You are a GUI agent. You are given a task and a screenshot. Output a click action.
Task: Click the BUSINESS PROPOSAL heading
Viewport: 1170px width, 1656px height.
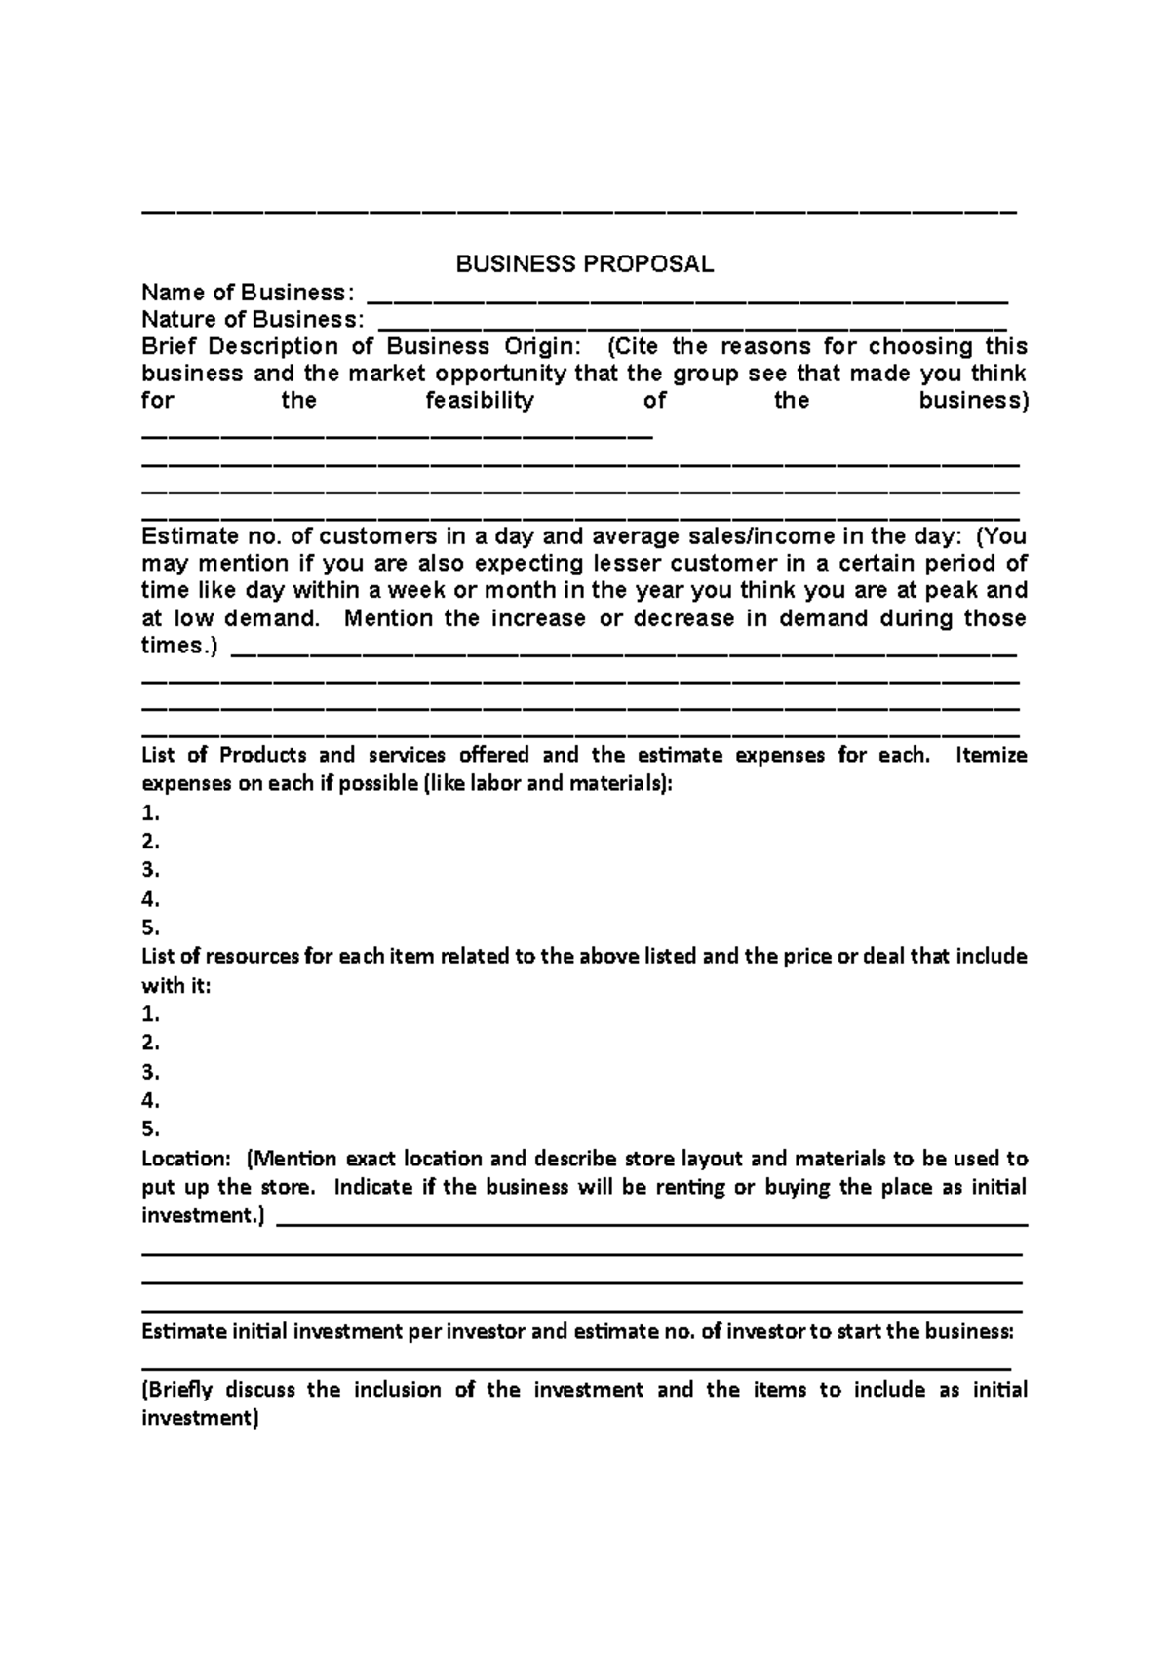point(585,264)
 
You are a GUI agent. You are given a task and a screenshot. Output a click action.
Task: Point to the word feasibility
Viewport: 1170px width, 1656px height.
point(480,401)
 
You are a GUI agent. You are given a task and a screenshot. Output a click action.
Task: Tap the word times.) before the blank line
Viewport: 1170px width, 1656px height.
point(180,647)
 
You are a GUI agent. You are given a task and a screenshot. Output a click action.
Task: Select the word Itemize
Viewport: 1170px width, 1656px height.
point(992,755)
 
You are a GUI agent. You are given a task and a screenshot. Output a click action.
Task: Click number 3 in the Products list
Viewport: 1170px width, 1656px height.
point(150,870)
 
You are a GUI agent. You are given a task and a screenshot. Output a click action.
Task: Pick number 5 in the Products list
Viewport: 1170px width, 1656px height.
point(150,927)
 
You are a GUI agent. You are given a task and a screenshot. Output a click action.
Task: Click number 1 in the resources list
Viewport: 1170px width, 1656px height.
point(150,1014)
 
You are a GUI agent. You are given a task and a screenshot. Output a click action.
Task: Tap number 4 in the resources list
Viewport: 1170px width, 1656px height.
point(150,1101)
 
